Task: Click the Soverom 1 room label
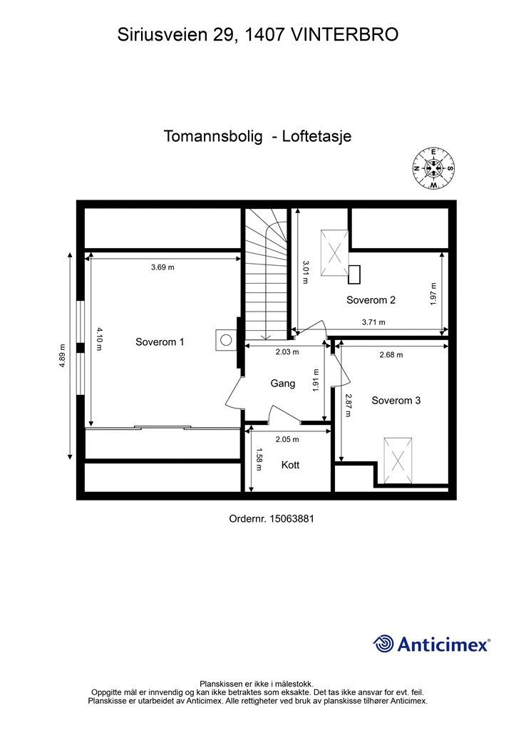[x=160, y=342]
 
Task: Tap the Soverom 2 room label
[x=371, y=300]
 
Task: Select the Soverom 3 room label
[x=396, y=401]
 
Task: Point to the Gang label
[x=282, y=384]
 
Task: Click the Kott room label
[x=290, y=465]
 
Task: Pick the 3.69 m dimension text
[x=162, y=267]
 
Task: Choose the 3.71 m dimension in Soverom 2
[x=373, y=322]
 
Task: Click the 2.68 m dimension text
[x=391, y=354]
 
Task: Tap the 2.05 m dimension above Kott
[x=288, y=439]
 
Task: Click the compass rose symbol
[x=433, y=168]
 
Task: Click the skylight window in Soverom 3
[x=397, y=461]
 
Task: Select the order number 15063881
[x=272, y=520]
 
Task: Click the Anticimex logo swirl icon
[x=384, y=644]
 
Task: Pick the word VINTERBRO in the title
[x=346, y=34]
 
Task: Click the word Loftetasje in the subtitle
[x=317, y=136]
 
